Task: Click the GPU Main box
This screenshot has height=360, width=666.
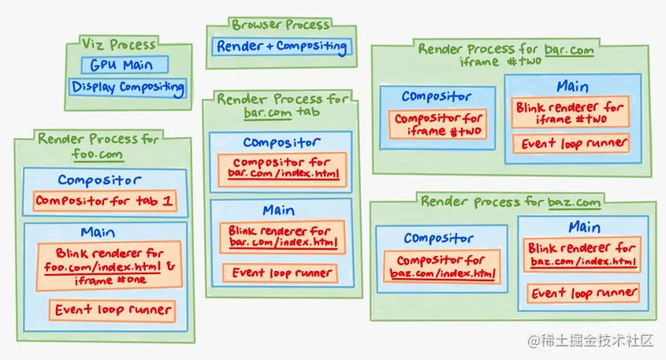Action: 117,65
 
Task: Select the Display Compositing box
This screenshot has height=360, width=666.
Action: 128,87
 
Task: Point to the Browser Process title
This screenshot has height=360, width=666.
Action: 279,25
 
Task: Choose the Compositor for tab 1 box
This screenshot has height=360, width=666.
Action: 104,201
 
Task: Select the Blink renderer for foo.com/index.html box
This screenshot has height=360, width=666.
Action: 110,265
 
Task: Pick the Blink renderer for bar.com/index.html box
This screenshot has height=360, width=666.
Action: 283,236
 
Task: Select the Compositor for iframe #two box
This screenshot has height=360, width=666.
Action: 438,124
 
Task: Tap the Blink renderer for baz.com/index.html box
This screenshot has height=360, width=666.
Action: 583,254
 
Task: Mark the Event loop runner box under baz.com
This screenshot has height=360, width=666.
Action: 583,293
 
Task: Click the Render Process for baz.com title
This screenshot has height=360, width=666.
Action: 511,202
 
